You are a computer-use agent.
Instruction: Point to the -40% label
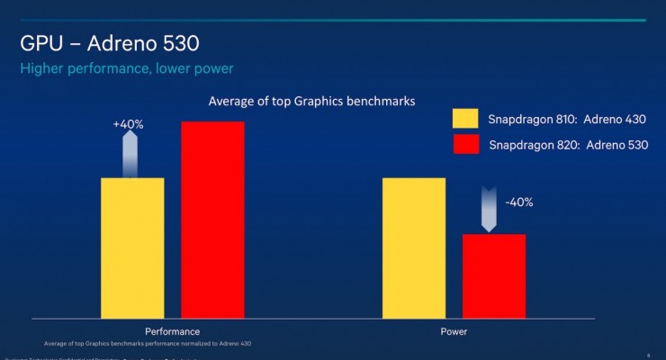point(519,202)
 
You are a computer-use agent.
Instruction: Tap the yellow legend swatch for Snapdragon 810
point(465,119)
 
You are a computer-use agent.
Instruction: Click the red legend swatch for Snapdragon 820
point(465,144)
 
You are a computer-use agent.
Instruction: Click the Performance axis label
point(172,331)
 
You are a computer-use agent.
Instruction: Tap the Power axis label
point(454,331)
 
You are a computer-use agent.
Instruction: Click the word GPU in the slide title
point(40,44)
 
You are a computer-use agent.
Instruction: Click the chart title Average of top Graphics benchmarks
point(311,102)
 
